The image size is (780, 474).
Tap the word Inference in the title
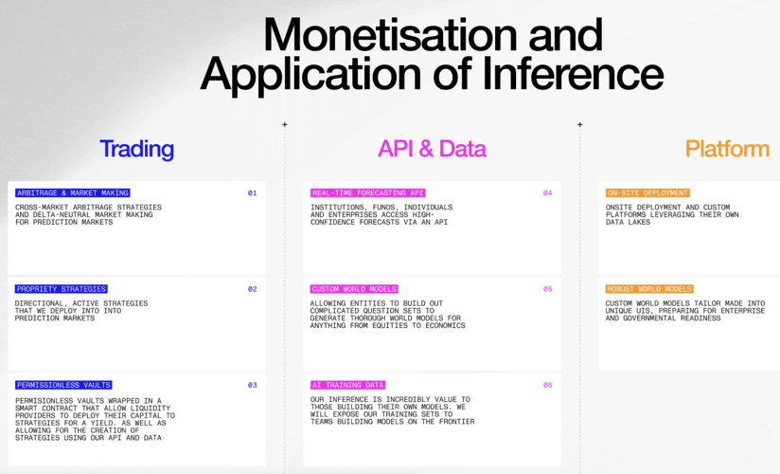click(573, 73)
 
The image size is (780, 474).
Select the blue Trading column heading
click(137, 149)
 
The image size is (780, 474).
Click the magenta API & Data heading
click(432, 149)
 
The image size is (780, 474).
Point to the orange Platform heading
click(727, 149)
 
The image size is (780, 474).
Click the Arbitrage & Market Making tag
click(73, 192)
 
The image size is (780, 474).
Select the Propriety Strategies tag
click(62, 289)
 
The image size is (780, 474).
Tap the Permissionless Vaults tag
click(63, 385)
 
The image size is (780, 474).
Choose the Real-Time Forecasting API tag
click(367, 192)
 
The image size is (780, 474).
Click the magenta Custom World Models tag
click(354, 289)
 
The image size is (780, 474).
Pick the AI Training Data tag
click(347, 385)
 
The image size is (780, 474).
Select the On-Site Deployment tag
click(647, 192)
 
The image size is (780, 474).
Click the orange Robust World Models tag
click(649, 289)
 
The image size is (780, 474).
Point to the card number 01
click(252, 192)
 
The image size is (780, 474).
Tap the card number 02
click(252, 289)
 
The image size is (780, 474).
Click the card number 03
click(252, 385)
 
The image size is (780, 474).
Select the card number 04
click(548, 192)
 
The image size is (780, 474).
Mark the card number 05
click(548, 289)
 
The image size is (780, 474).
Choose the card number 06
click(548, 385)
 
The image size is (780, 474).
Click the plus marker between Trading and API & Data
click(285, 124)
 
